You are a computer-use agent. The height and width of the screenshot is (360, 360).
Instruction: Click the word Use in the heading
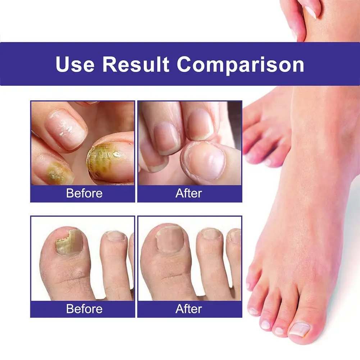point(75,64)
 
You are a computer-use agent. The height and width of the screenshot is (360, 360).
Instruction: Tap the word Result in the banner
point(136,64)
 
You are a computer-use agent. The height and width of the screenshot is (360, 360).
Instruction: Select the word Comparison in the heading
point(240,64)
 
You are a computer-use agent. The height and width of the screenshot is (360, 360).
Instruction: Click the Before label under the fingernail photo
point(84,193)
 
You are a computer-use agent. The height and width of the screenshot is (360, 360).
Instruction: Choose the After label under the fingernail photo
point(189,193)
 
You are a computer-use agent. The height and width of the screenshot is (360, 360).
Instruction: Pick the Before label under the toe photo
point(84,309)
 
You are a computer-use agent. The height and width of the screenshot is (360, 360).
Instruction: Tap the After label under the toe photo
point(189,309)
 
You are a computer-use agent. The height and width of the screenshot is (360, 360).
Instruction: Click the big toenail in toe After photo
point(170,239)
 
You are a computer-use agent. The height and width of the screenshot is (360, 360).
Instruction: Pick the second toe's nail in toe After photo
point(211,234)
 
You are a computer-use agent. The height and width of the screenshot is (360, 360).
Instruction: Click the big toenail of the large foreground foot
point(299,328)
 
